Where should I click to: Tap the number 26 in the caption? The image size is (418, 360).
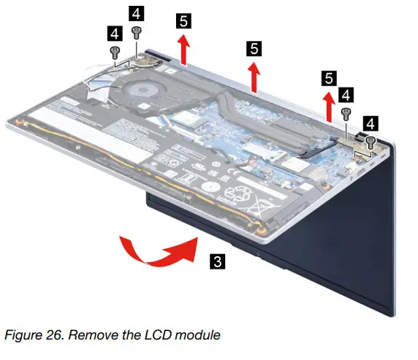click(50, 335)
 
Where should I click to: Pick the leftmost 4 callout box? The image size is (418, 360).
click(114, 33)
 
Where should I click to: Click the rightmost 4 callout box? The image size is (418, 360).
click(372, 122)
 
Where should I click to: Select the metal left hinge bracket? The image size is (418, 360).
click(143, 61)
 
